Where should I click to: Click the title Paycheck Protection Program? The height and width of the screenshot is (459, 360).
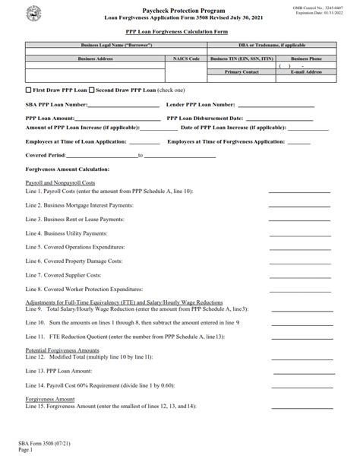click(x=179, y=6)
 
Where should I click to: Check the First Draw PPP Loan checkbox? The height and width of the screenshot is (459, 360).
click(x=28, y=90)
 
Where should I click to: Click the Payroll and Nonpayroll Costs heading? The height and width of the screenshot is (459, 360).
click(x=60, y=183)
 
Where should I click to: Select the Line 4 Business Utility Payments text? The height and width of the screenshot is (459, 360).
click(x=72, y=233)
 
